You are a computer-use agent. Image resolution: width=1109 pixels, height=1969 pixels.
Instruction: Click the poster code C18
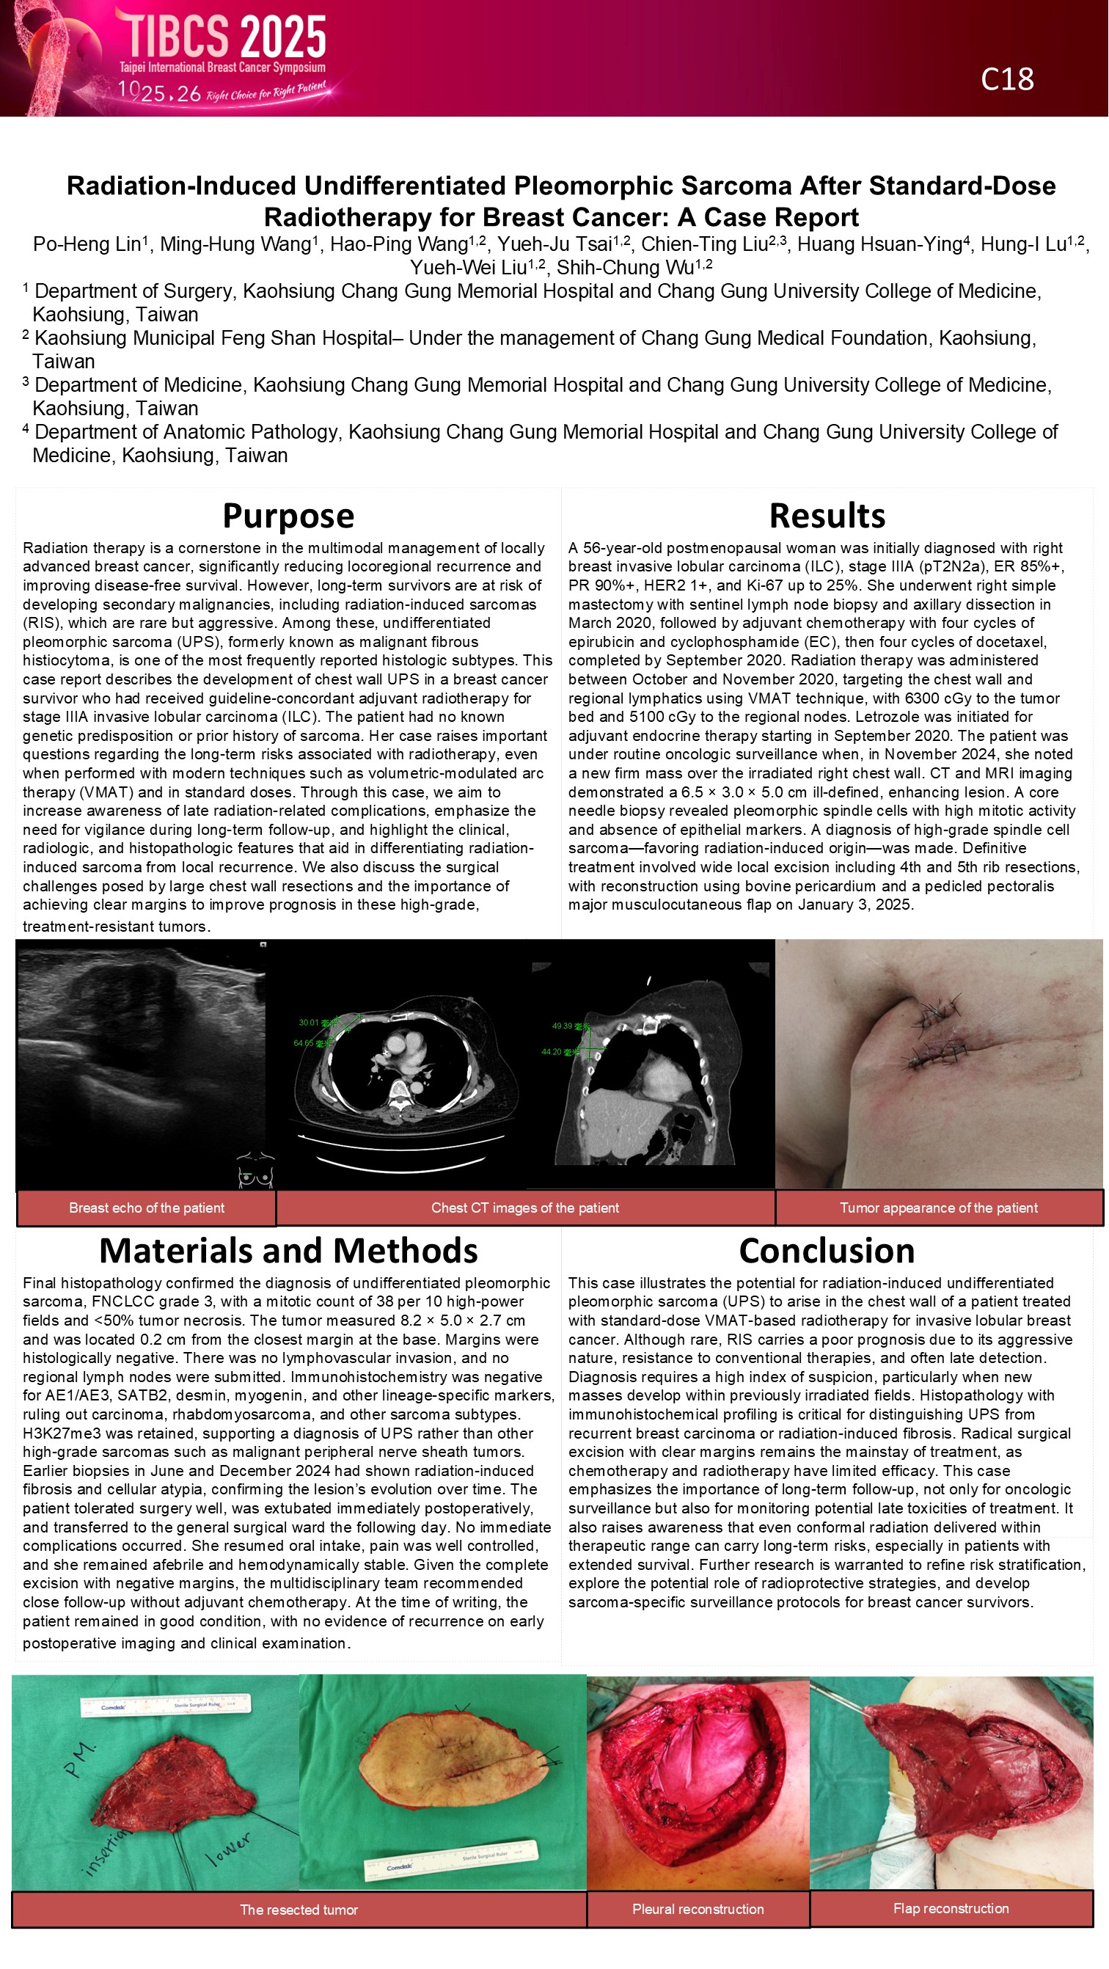[x=1006, y=78]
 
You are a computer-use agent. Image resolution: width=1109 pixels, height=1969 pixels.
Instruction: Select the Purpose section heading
[x=288, y=516]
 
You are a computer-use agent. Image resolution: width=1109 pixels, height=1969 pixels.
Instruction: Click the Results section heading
[x=827, y=516]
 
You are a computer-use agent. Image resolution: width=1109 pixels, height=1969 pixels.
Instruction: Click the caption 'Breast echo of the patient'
[x=147, y=1208]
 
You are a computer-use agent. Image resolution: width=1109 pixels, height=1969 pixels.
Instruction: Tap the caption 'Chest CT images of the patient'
[x=525, y=1208]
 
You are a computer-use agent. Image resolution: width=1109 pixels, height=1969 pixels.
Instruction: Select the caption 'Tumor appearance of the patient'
[x=939, y=1208]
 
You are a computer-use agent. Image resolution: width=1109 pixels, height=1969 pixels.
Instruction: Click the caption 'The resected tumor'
[x=299, y=1910]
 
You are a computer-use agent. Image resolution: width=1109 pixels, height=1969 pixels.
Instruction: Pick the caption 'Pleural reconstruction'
[x=698, y=1909]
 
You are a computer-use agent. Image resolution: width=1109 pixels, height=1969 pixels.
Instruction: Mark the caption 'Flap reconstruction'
[x=951, y=1908]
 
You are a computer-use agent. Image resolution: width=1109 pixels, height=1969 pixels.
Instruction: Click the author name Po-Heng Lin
[x=87, y=244]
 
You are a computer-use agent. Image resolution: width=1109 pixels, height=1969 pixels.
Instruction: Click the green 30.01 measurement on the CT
[x=309, y=1023]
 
